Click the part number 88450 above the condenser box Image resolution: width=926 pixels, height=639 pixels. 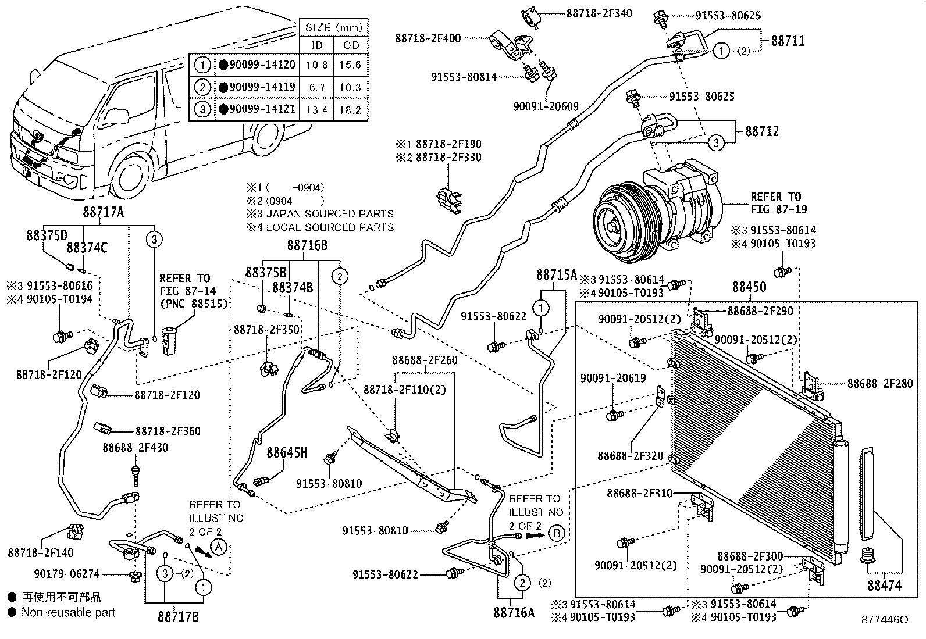[749, 287]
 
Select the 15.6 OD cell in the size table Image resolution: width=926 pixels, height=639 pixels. [351, 65]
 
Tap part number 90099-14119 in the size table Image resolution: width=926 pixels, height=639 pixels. [262, 87]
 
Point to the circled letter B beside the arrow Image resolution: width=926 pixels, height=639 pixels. [557, 533]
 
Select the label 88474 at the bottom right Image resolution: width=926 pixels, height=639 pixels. [884, 586]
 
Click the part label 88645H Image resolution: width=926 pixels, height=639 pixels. [287, 453]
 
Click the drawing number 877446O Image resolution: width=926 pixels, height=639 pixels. [885, 620]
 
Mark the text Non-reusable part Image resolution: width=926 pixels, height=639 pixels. [68, 612]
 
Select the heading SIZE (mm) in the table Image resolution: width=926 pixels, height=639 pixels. [334, 27]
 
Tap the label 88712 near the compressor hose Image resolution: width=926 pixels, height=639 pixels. [762, 131]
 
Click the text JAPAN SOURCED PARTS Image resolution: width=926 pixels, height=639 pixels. [330, 213]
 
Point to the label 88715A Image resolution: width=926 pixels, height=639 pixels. [557, 274]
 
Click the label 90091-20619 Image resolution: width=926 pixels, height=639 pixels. [613, 378]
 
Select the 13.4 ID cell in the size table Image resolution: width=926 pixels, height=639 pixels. [317, 110]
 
